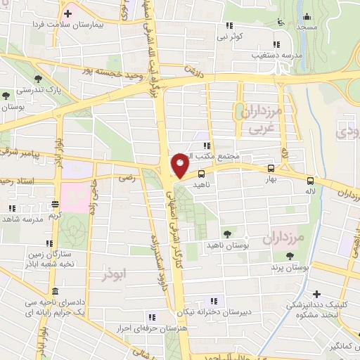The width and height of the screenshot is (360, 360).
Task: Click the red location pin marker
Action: pyautogui.click(x=181, y=165)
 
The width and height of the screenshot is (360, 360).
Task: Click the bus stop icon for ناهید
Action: pyautogui.click(x=202, y=173)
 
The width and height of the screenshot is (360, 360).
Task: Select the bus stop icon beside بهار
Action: pyautogui.click(x=270, y=169)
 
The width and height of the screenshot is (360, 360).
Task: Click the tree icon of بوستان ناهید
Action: pyautogui.click(x=227, y=234)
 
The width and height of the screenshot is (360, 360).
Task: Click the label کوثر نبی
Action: pyautogui.click(x=230, y=36)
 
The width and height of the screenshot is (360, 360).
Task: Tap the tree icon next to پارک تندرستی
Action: pyautogui.click(x=6, y=94)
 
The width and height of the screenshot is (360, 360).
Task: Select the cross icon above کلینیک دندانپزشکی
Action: pyautogui.click(x=317, y=294)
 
